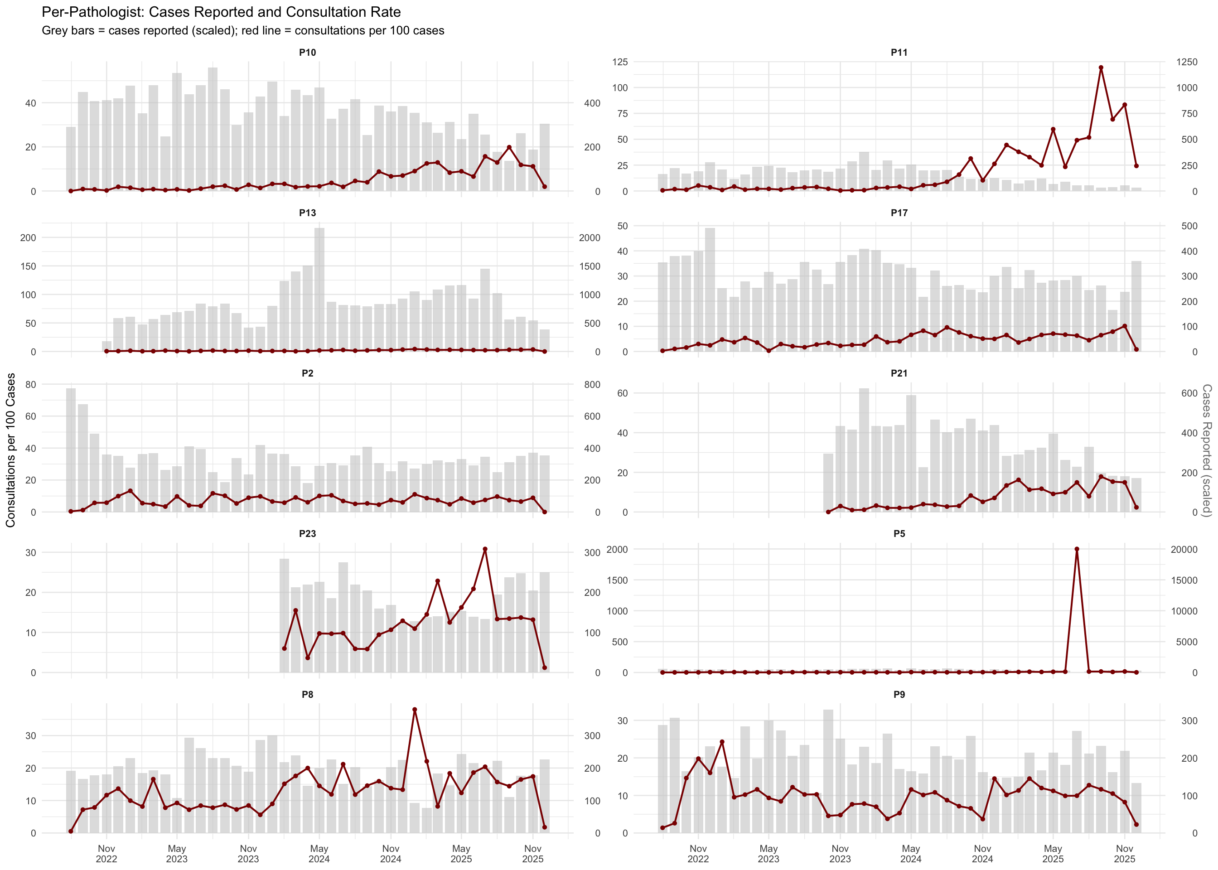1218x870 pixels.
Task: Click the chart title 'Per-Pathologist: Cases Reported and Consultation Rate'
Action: pos(221,12)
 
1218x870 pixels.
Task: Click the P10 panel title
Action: pos(308,53)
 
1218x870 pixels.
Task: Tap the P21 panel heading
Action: pos(899,373)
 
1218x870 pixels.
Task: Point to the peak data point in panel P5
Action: pos(1077,549)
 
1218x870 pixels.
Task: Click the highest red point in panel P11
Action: pos(1101,68)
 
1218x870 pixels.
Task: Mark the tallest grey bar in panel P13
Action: pos(319,290)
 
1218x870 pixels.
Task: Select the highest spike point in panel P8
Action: pos(415,710)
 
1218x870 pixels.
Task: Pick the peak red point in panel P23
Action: pos(485,549)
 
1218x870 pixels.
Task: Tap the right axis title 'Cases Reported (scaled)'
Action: pos(1207,450)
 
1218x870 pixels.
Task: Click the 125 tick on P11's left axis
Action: pos(620,62)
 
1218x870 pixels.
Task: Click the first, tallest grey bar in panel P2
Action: pos(71,450)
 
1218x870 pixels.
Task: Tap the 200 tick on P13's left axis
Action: pos(28,238)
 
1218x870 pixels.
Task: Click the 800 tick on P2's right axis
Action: pos(592,385)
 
